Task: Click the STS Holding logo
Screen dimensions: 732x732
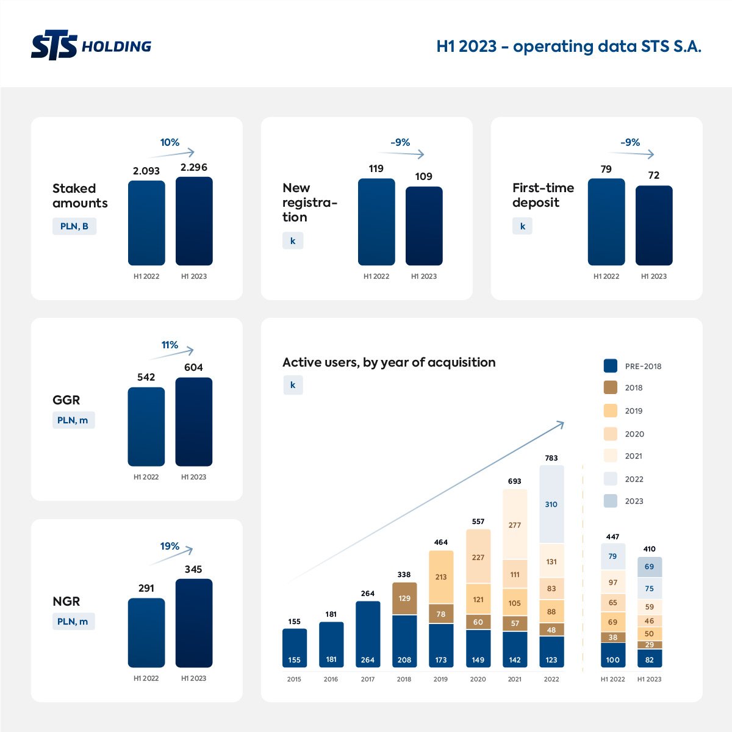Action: [91, 46]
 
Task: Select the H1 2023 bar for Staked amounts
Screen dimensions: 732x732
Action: [194, 221]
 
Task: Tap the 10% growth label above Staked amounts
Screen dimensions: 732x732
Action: [170, 142]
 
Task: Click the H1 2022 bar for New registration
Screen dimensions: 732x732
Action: [376, 221]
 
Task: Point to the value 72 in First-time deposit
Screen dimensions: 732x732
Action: [654, 175]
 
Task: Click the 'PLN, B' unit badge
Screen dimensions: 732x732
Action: [74, 226]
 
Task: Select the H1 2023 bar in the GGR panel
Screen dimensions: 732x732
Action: [194, 422]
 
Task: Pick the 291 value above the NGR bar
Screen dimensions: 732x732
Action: [146, 588]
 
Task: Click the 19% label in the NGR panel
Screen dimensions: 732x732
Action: [170, 546]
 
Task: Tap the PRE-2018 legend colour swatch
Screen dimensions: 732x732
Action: [611, 366]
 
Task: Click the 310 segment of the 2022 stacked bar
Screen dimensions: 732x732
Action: [551, 504]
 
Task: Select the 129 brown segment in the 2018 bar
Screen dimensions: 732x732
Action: [404, 598]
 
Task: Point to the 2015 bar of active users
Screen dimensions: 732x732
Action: [295, 648]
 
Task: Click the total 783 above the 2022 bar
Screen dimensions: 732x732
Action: [551, 458]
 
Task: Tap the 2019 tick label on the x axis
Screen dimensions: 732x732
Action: [440, 679]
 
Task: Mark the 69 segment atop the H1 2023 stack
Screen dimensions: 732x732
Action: [650, 567]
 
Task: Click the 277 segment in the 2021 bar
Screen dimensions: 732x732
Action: [515, 525]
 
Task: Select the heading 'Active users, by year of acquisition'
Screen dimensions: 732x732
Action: [389, 362]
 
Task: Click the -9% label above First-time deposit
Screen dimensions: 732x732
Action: [630, 142]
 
